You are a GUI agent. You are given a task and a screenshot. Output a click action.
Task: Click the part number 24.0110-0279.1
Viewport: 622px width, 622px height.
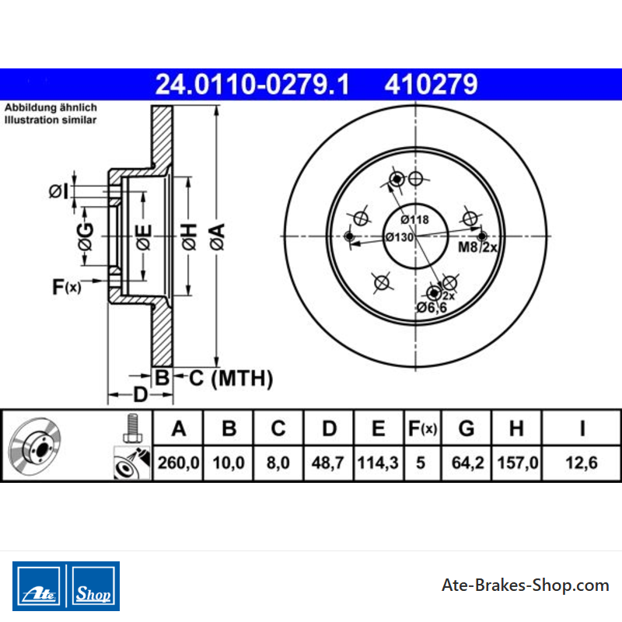252,85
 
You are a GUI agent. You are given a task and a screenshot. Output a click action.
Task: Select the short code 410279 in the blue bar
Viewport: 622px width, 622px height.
431,85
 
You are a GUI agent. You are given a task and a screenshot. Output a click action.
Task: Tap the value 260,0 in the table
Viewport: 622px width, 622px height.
179,463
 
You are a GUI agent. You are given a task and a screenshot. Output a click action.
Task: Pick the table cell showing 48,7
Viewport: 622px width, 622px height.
327,463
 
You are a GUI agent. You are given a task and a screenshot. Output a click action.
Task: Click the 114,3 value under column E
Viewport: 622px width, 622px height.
378,463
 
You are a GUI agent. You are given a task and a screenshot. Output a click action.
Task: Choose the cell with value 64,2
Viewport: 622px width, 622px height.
468,463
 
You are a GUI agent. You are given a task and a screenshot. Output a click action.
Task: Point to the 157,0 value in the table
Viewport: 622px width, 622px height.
518,463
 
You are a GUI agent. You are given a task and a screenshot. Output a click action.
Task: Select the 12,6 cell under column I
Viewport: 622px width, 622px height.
582,463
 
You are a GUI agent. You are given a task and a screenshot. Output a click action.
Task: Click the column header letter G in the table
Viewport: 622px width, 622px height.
466,428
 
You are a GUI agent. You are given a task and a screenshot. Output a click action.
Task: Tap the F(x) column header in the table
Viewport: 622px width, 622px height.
422,428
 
